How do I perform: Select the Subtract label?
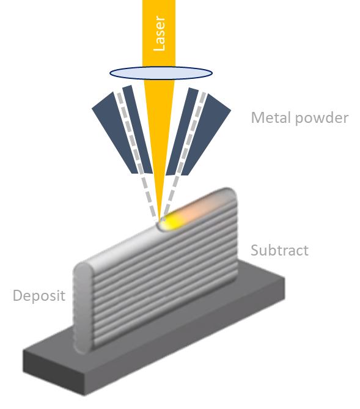[x=279, y=250]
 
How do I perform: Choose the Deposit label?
[x=39, y=297]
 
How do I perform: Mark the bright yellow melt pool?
[x=171, y=221]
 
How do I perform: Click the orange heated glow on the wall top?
[x=205, y=205]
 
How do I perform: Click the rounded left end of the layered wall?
[x=83, y=306]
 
